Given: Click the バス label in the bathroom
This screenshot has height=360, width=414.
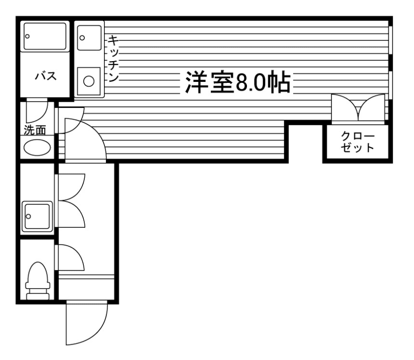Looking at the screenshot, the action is tap(44, 76).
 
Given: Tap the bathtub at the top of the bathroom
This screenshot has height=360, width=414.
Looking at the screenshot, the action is tap(45, 36).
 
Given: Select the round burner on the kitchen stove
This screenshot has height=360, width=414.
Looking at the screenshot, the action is tap(89, 81).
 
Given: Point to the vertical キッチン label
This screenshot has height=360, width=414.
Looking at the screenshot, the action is tap(113, 58).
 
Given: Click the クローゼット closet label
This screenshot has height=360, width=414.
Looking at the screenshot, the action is tap(358, 142).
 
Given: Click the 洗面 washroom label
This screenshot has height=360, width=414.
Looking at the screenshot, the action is tap(35, 130).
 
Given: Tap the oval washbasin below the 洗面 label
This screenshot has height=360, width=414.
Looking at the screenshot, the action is tap(37, 147).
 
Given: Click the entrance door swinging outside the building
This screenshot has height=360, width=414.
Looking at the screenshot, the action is tap(86, 323).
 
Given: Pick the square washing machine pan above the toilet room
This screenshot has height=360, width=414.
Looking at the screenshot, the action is tap(37, 216).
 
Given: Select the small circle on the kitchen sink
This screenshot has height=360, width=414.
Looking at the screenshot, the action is tap(82, 36).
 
